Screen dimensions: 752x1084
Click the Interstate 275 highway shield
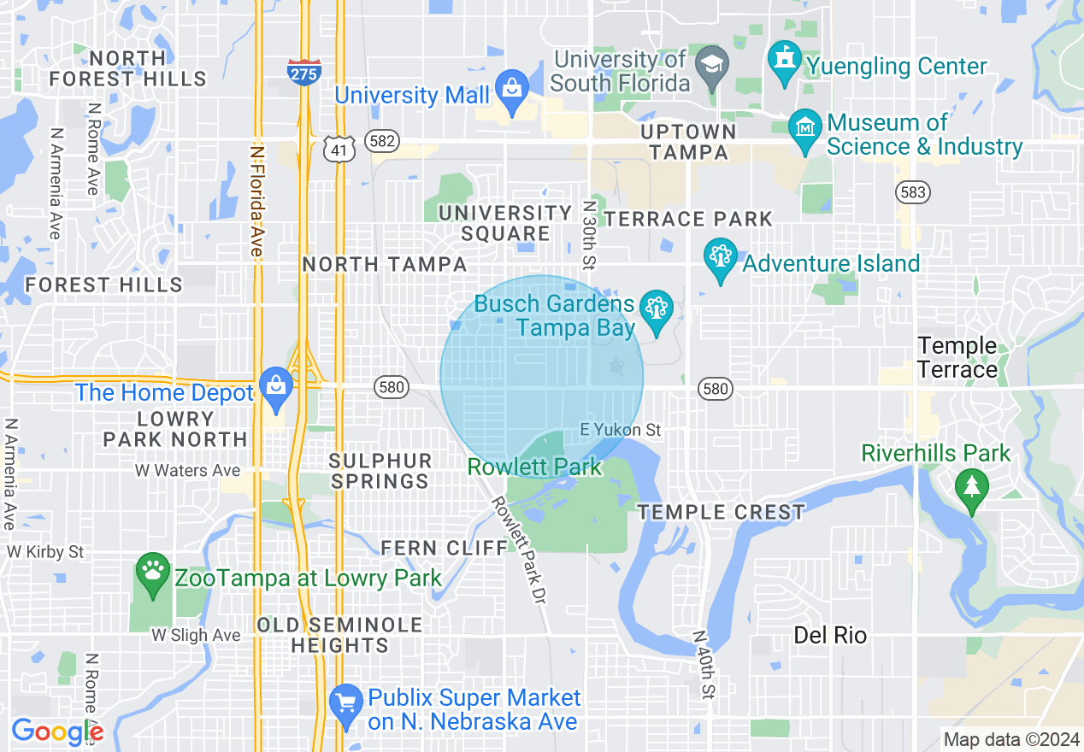pyautogui.click(x=304, y=72)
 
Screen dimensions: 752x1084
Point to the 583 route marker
pyautogui.click(x=913, y=192)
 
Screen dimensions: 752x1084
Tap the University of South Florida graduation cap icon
pyautogui.click(x=711, y=67)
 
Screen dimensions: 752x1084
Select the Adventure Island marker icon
pyautogui.click(x=720, y=257)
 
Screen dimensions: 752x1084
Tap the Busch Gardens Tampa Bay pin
pyautogui.click(x=657, y=310)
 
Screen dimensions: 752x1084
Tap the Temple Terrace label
pyautogui.click(x=957, y=358)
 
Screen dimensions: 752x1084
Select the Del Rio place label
pyautogui.click(x=830, y=635)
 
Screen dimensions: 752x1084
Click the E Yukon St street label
pyautogui.click(x=621, y=431)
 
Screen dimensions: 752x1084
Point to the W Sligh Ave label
pyautogui.click(x=196, y=635)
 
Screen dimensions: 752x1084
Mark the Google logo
pyautogui.click(x=56, y=731)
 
